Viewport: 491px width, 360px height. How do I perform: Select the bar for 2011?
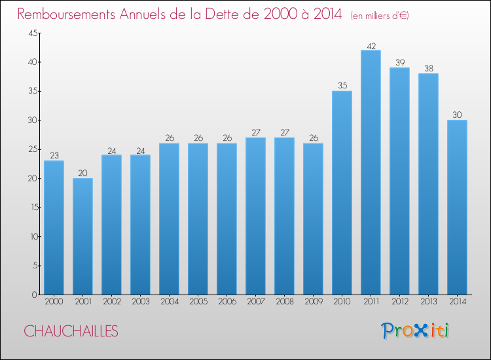371,172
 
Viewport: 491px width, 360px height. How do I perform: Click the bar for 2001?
82,236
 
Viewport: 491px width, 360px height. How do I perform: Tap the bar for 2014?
457,207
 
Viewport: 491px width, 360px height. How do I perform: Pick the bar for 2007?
255,216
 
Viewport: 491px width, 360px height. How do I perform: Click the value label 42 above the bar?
371,46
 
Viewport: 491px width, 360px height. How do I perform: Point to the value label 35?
342,85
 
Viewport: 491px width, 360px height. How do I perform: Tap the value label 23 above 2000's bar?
54,155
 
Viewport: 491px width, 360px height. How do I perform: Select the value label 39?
400,62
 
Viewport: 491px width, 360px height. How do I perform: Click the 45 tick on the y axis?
33,33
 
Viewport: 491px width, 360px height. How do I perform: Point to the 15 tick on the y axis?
33,207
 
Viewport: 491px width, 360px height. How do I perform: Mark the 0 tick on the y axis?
35,295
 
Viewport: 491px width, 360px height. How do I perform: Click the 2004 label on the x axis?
170,302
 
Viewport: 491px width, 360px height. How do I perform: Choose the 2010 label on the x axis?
342,302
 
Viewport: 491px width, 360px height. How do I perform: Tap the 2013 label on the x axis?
428,302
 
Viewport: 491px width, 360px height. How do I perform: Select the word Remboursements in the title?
66,14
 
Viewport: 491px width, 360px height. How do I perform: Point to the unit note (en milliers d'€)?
380,16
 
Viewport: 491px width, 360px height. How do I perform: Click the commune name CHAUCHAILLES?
71,331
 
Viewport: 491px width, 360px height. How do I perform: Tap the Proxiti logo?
415,331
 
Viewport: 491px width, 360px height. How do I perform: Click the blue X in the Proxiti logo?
421,331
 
